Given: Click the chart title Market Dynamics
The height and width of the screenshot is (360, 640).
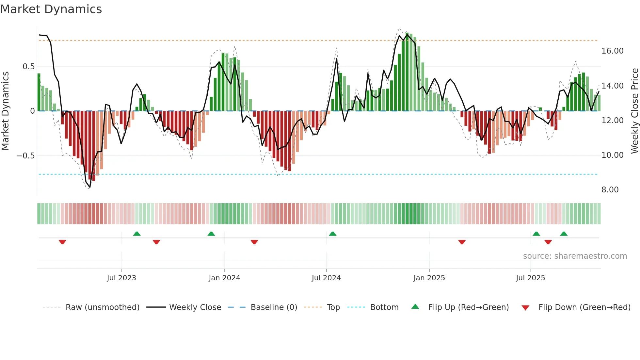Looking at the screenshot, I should click(x=51, y=9).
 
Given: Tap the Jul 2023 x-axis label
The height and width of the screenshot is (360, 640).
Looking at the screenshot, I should click(x=121, y=278).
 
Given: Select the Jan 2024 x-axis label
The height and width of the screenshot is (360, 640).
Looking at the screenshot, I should click(x=224, y=278).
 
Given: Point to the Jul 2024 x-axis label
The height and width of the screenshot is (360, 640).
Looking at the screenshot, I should click(x=326, y=278).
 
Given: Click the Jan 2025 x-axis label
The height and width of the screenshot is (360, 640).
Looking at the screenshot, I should click(x=429, y=278).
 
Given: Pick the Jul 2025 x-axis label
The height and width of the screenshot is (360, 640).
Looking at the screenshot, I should click(x=530, y=278).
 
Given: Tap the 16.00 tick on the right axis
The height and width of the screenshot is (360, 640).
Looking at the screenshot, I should click(x=613, y=51).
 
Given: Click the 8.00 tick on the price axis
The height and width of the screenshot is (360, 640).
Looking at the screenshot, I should click(x=610, y=190).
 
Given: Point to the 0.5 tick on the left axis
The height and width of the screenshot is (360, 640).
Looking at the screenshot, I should click(x=28, y=67).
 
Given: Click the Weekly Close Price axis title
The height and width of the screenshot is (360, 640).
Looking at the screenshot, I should click(x=634, y=111).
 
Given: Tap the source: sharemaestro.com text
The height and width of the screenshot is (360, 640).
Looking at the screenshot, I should click(x=575, y=256).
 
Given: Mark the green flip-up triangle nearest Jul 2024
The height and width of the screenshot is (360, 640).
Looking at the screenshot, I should click(x=332, y=234).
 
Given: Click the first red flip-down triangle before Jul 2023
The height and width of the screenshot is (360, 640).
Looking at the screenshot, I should click(x=62, y=242).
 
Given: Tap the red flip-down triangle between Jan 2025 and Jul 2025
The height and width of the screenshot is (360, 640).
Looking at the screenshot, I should click(x=462, y=242).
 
